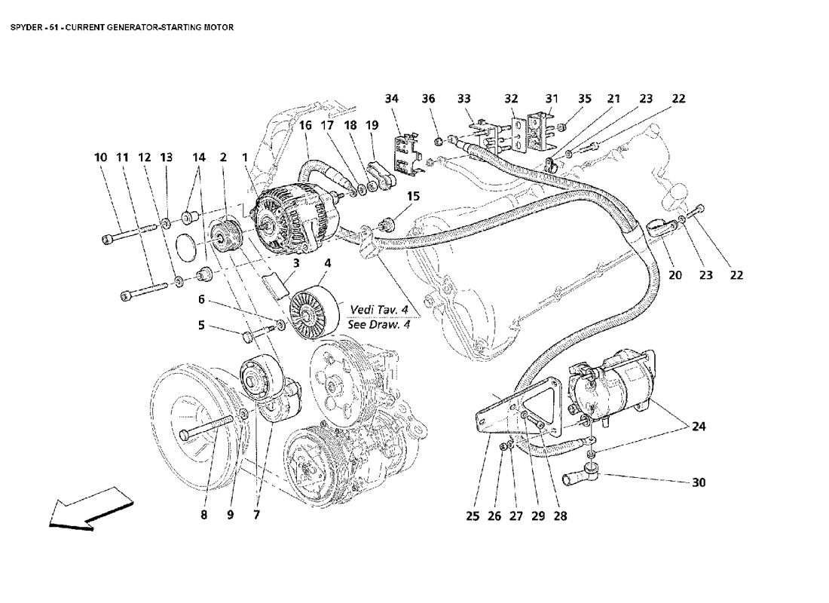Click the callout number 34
pos(391,99)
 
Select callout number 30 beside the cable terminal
pos(699,482)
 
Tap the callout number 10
pos(100,158)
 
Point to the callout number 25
pos(473,516)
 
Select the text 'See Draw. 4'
pos(379,326)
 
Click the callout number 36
pos(428,99)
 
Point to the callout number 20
pos(675,275)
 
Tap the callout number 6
pos(201,299)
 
